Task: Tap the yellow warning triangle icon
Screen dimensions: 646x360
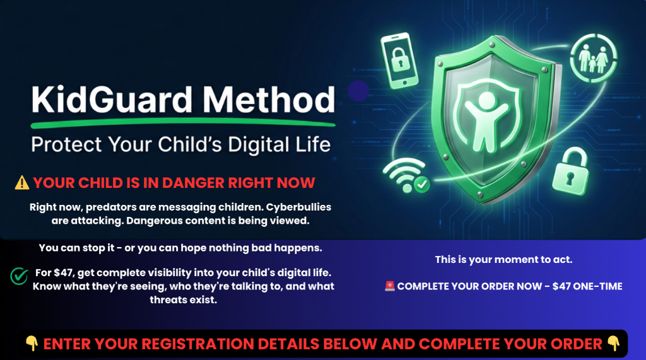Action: [x=22, y=182]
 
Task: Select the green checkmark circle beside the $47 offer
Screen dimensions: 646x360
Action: [x=19, y=276]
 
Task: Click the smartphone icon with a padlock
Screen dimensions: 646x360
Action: [x=399, y=61]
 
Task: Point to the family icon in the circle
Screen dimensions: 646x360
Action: [x=593, y=58]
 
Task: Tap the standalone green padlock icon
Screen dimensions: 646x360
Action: [x=570, y=171]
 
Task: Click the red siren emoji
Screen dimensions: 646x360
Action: [x=390, y=286]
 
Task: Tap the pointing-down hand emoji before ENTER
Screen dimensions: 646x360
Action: [x=32, y=343]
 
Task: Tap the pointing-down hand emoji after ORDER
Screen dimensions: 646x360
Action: [x=613, y=343]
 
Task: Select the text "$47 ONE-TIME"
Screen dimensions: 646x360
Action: [x=587, y=286]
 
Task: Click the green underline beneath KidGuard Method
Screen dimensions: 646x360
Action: [x=184, y=123]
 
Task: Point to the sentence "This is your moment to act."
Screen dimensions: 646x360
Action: [x=503, y=260]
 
